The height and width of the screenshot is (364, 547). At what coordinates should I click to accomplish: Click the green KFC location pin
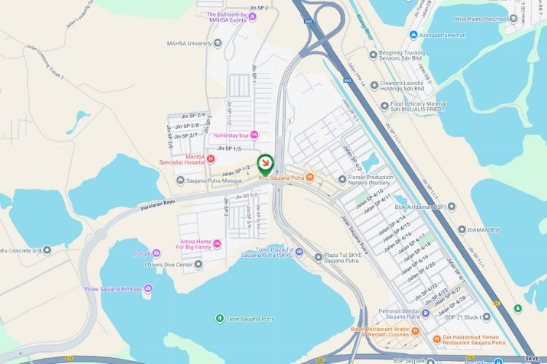(265, 162)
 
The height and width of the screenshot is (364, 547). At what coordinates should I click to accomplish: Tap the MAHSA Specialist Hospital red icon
(211, 158)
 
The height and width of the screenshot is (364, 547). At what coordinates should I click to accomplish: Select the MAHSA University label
(189, 43)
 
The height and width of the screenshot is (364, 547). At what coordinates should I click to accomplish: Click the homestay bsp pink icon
(254, 135)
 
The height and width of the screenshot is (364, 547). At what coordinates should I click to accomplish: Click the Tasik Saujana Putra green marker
(220, 318)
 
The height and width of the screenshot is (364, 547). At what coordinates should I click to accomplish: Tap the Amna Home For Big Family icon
(216, 243)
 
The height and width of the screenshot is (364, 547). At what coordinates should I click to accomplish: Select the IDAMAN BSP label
(484, 230)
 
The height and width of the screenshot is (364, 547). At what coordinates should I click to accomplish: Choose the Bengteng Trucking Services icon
(373, 54)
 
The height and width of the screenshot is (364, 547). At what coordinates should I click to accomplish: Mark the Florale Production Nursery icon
(343, 179)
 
